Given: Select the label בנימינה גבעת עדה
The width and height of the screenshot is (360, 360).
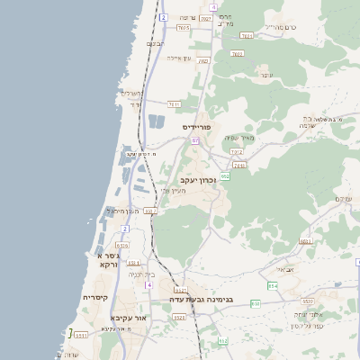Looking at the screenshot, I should (x=202, y=300).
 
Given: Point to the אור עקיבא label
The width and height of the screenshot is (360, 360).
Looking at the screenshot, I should (x=127, y=317).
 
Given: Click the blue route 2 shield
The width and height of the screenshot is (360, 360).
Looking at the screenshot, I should (x=163, y=17).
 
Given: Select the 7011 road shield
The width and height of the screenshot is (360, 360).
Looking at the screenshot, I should (x=175, y=104).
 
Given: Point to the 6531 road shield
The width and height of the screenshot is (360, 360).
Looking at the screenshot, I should (x=81, y=335).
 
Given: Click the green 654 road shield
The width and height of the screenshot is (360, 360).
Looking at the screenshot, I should (x=273, y=286).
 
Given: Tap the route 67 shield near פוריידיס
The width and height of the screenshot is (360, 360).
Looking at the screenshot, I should (x=193, y=140).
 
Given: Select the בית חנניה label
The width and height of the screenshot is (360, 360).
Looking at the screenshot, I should (x=141, y=274).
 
